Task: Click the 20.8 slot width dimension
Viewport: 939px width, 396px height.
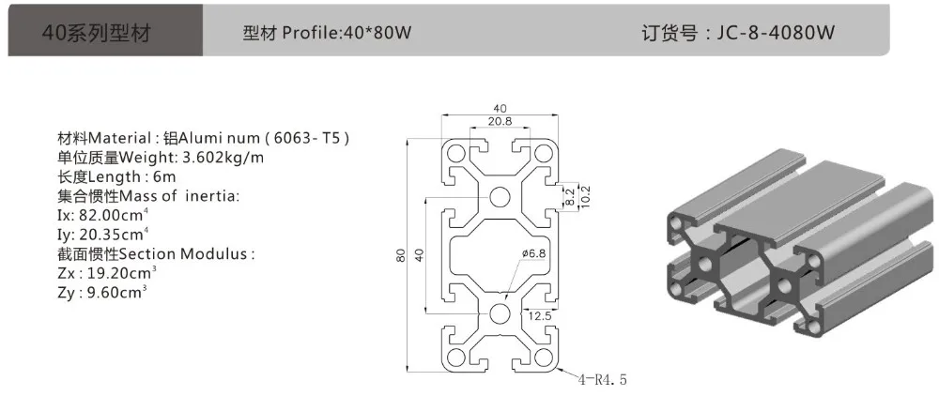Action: pyautogui.click(x=500, y=121)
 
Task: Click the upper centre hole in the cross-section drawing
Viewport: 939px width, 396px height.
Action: pyautogui.click(x=500, y=196)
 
